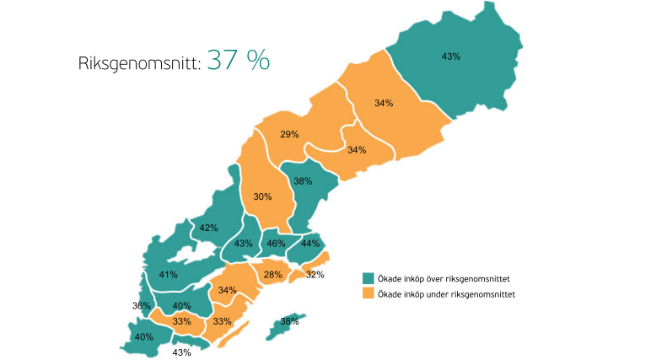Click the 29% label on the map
pos(289,135)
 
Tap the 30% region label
pos(262,196)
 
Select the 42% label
pos(209,228)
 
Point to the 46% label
pos(276,244)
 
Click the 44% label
pos(311,244)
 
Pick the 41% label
pos(168,275)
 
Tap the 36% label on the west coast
pos(141,306)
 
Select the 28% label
pos(272,275)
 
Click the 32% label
pos(315,275)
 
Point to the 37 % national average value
pos(239,61)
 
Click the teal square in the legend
pos(368,278)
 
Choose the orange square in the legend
pos(368,294)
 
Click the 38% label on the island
pos(289,321)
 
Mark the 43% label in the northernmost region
pos(451,56)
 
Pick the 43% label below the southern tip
pos(181,352)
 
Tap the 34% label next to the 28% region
pos(227,290)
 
